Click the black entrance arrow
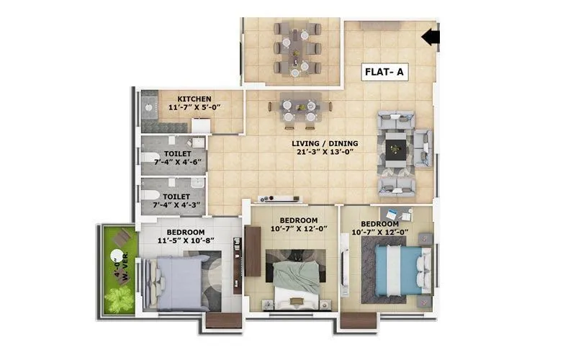click(430, 36)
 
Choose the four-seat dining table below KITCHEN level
click(295, 109)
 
